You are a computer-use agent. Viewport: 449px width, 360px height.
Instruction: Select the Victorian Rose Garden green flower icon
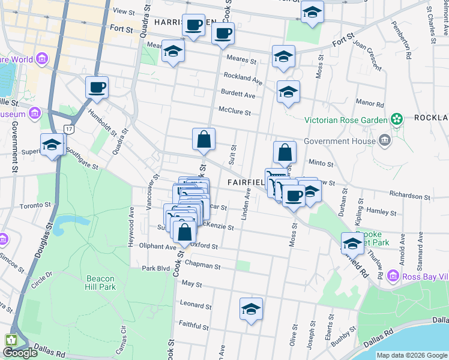[x=397, y=120]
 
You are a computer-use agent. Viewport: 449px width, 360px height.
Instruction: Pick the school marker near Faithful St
[x=251, y=310]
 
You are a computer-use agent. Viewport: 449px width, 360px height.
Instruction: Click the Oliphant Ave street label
[x=158, y=247]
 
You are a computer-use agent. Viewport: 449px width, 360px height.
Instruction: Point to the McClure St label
[x=234, y=112]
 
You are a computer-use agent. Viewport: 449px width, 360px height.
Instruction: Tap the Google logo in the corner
[x=20, y=353]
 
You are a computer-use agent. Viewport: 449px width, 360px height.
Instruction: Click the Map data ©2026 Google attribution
[x=411, y=355]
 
